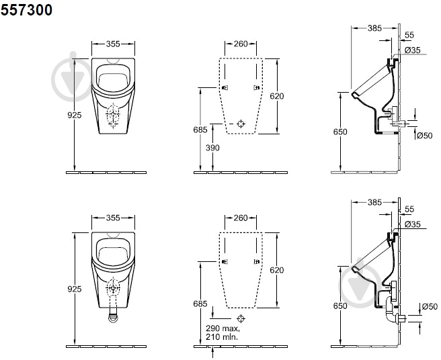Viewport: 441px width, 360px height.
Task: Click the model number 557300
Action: point(26,10)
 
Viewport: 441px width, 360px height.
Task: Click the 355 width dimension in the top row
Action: point(113,44)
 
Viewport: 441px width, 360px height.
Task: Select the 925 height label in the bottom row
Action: point(75,289)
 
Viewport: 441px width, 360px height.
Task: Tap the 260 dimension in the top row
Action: point(241,44)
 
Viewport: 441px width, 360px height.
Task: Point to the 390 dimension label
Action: point(212,148)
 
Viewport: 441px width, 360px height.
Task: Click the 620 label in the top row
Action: point(277,96)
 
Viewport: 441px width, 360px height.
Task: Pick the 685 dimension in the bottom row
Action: point(200,304)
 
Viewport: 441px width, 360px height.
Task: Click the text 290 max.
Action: point(223,328)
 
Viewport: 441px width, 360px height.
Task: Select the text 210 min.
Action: point(222,336)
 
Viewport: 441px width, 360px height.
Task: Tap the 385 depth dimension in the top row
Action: point(374,28)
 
